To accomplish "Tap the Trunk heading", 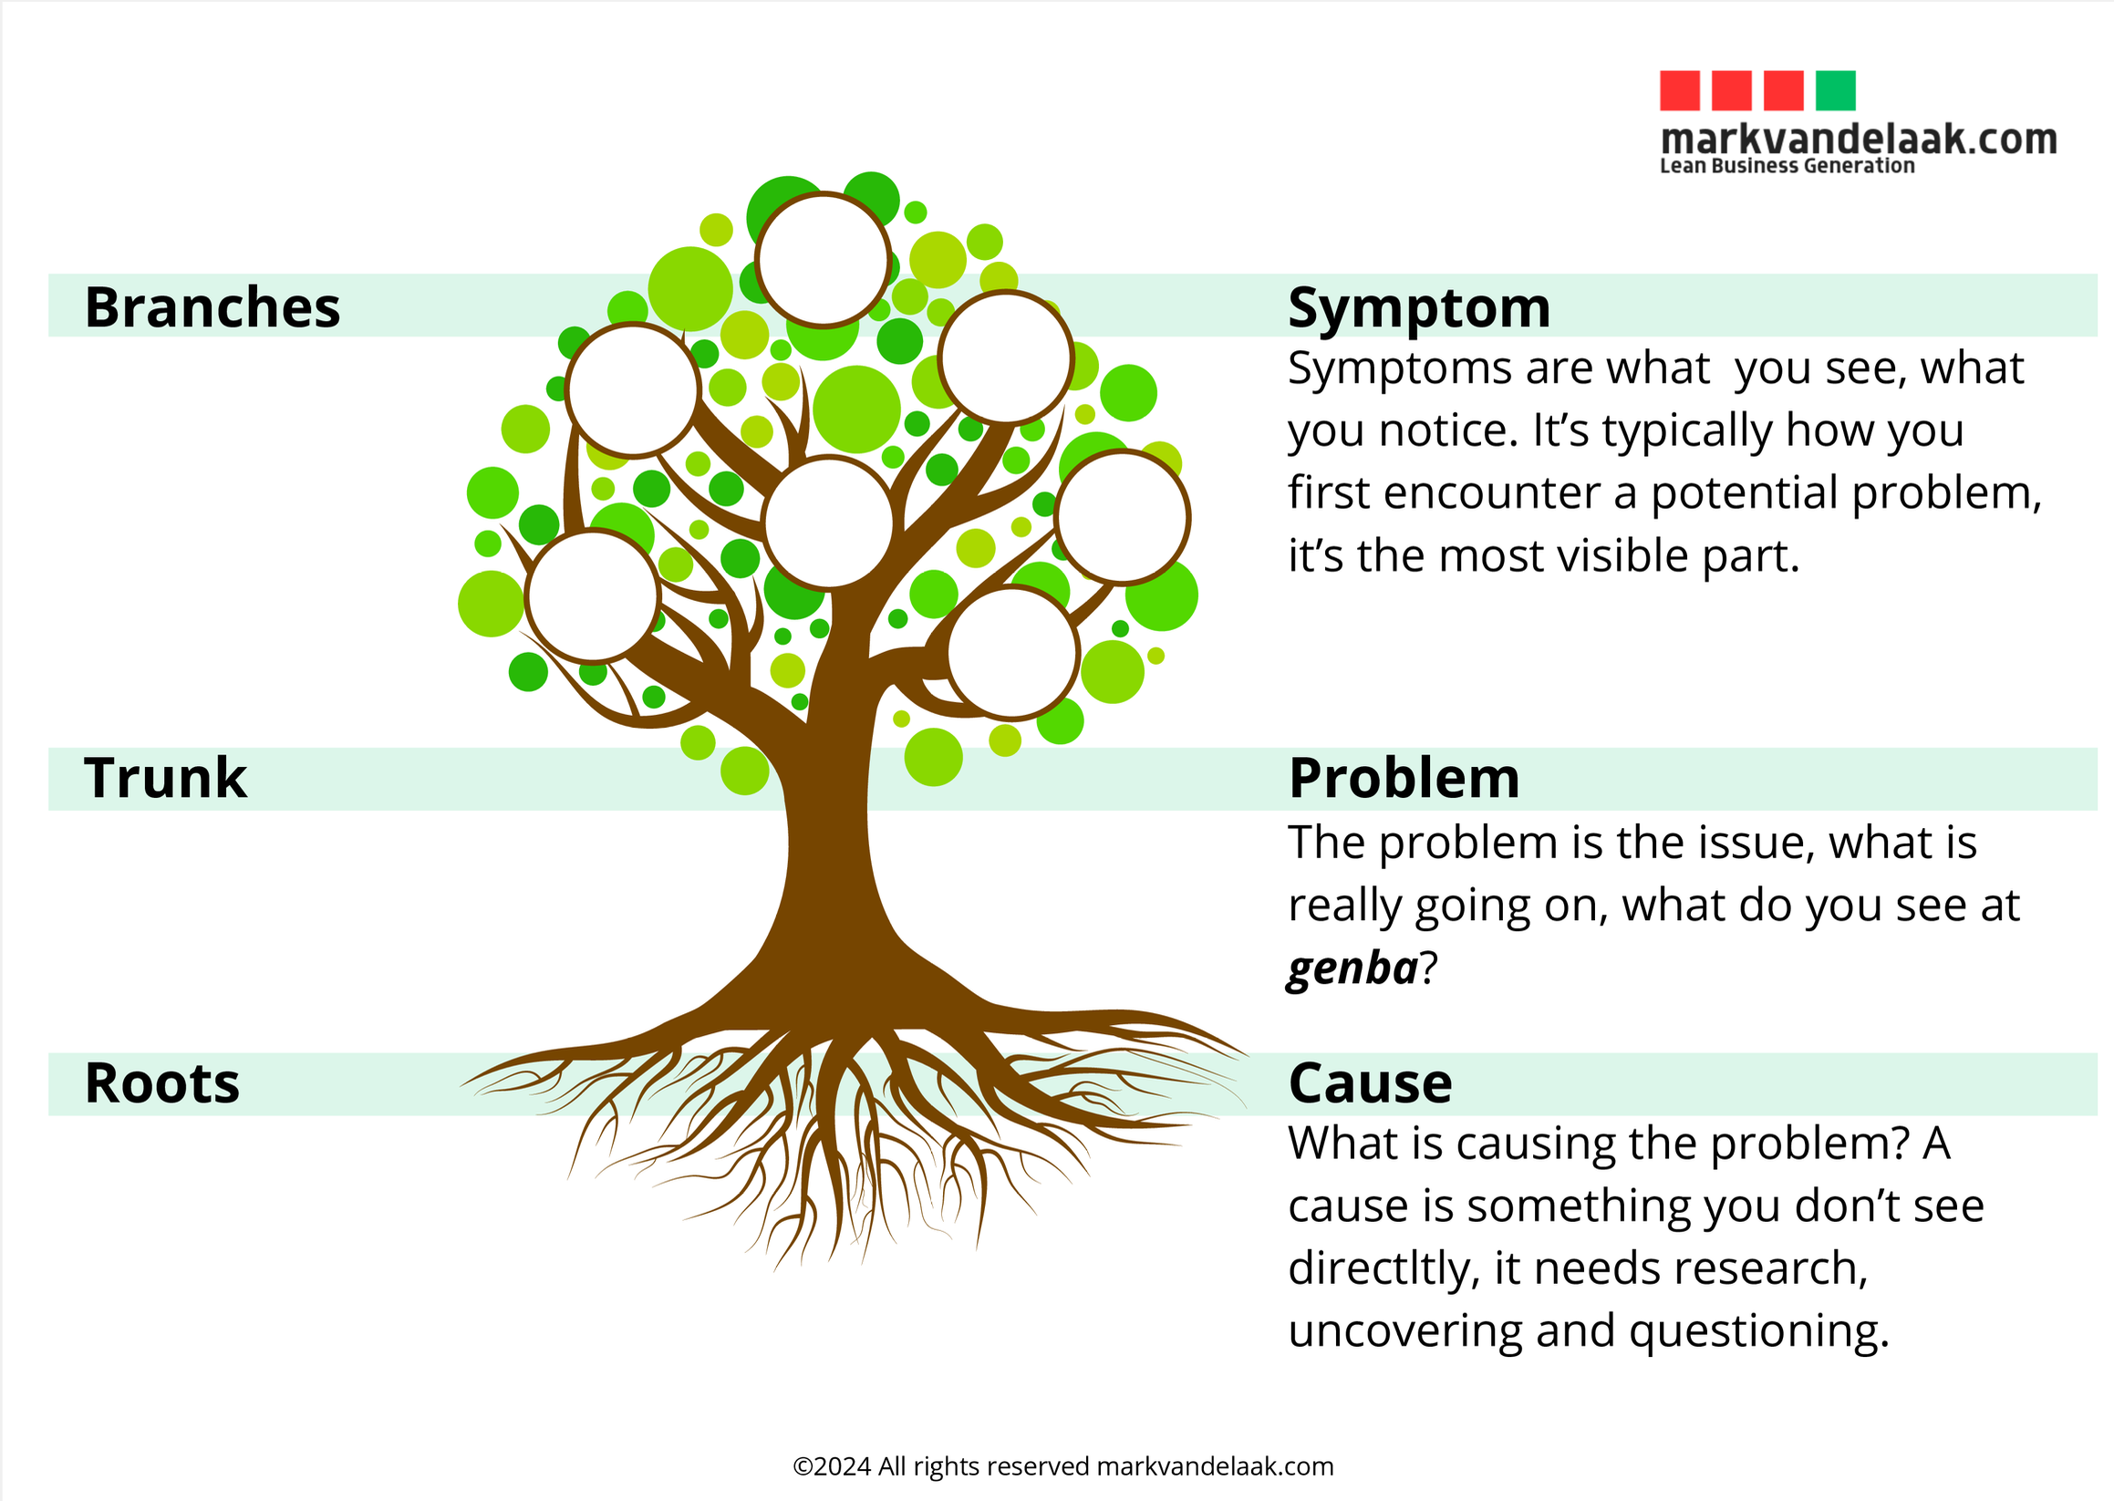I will coord(164,777).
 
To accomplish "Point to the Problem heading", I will coord(1404,777).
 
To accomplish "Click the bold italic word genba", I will coord(1352,968).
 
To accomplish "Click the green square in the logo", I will coord(1835,90).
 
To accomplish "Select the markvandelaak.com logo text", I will coord(1858,139).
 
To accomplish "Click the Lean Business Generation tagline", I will coord(1787,165).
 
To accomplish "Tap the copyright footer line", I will coord(1063,1465).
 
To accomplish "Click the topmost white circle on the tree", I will coord(823,260).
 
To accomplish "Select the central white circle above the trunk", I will coord(828,523).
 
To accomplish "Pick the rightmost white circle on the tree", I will coord(1122,518).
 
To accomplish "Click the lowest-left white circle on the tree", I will coord(593,596).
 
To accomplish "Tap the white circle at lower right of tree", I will coord(1013,653).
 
